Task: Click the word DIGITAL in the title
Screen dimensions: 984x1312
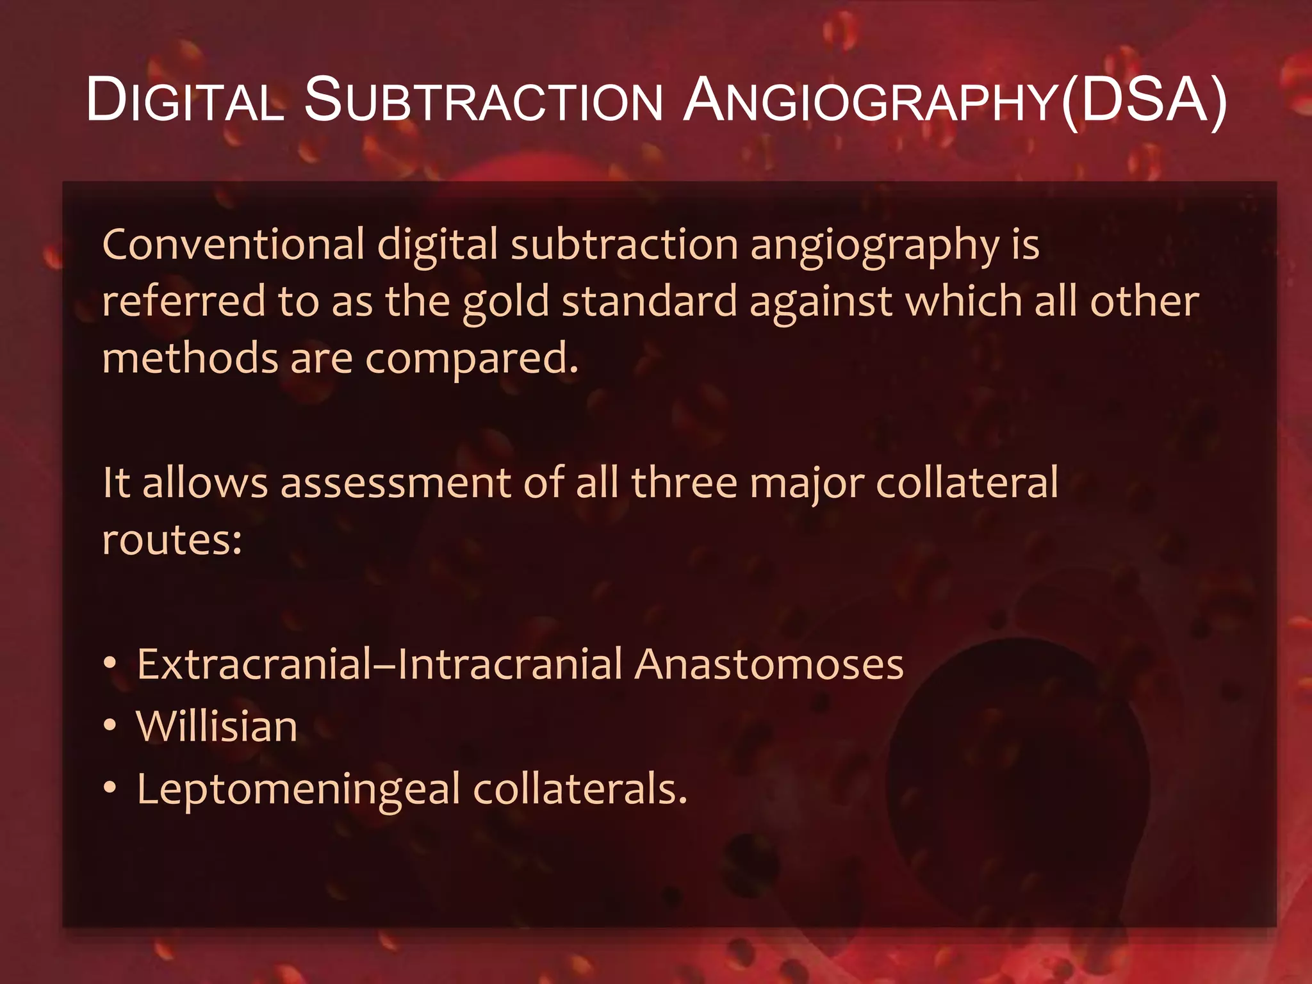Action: (x=185, y=101)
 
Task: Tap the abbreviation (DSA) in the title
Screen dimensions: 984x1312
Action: (x=1144, y=101)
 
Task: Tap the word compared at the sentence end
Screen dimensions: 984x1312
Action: (x=471, y=359)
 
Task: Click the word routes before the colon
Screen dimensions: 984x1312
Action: (x=172, y=540)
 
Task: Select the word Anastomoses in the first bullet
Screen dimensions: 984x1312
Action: (x=769, y=664)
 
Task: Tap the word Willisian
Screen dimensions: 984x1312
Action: (x=217, y=726)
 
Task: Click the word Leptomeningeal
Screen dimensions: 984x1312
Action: (x=299, y=790)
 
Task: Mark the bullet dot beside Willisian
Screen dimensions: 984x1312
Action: (x=111, y=726)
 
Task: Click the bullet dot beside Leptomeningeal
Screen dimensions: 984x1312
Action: (x=111, y=788)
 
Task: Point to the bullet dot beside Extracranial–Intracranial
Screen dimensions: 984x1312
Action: (x=111, y=664)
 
